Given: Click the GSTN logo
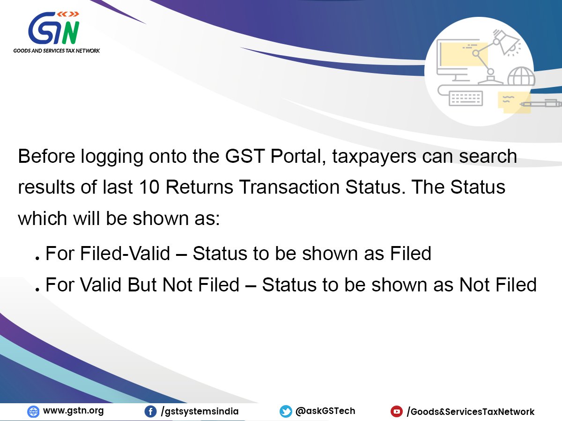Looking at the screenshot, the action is click(54, 28).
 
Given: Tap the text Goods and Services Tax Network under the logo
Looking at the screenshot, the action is click(57, 51).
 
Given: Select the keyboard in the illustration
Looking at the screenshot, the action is click(466, 98).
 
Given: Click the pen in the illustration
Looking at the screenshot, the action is click(541, 104).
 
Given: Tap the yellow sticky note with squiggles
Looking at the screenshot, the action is click(514, 102).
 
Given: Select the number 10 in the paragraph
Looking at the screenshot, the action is click(149, 187).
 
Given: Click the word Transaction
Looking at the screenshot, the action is click(289, 187).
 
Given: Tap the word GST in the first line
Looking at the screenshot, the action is click(245, 156).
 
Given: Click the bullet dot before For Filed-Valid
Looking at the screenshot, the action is click(37, 259).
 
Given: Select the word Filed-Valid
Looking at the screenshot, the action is click(125, 254).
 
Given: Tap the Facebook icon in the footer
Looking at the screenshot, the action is click(150, 412).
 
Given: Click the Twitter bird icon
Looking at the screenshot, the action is click(286, 412).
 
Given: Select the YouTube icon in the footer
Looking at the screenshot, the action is click(397, 412).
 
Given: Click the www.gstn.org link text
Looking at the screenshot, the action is click(74, 411).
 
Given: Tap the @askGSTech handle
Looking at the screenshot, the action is click(325, 411).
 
